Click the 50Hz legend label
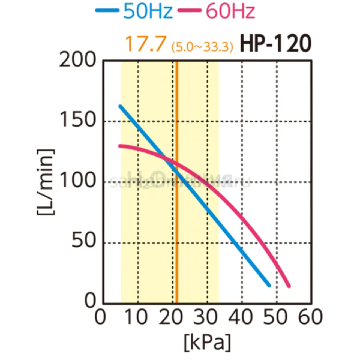pos(148,11)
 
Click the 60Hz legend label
pos(230,11)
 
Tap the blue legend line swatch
pos(107,10)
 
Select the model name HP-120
pos(275,44)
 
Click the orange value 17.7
pos(145,43)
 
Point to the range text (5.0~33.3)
pos(202,47)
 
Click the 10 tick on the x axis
pos(138,317)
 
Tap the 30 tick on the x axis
pos(207,317)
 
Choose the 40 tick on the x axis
pos(242,317)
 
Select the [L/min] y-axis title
pos(46,182)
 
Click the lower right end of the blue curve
pos(269,285)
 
